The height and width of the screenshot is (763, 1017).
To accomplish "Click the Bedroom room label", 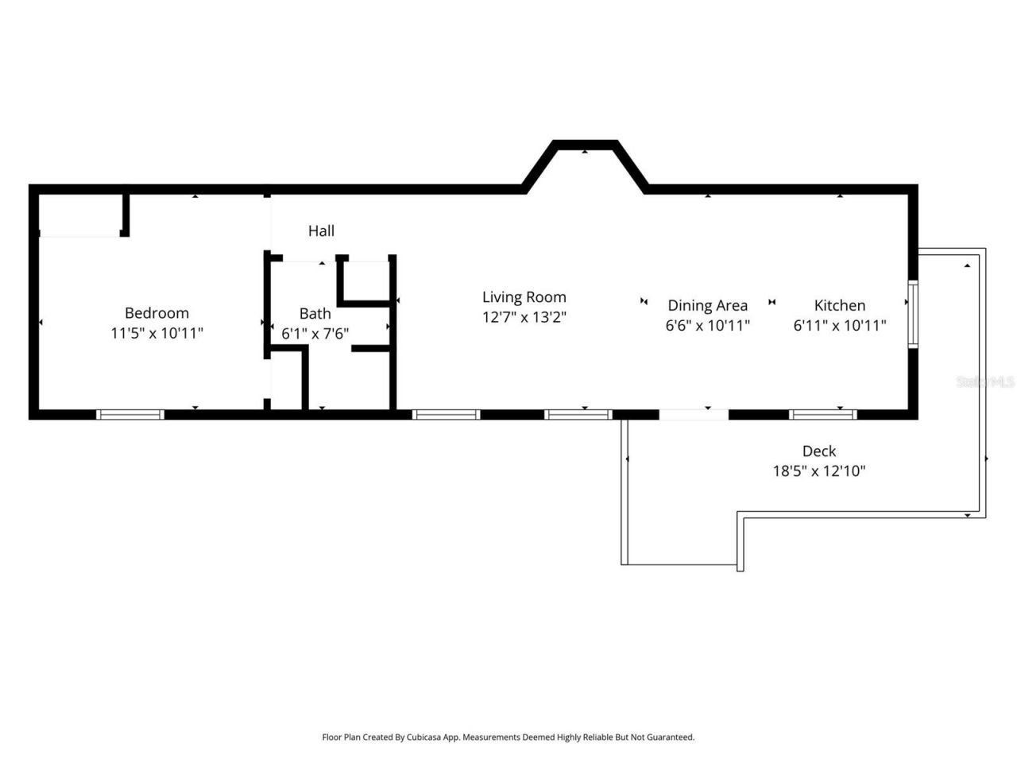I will tap(157, 313).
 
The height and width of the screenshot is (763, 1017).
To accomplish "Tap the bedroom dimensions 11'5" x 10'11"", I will tap(157, 333).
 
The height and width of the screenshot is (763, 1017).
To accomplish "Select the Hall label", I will tap(321, 231).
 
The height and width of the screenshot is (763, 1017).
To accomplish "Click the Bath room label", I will tap(315, 314).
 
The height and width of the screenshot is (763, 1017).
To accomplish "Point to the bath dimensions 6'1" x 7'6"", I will tap(315, 334).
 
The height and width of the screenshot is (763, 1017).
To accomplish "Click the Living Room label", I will tap(524, 297).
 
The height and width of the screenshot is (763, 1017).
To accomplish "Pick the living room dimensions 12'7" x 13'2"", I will tap(524, 317).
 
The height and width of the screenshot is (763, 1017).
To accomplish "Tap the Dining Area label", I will tap(707, 306).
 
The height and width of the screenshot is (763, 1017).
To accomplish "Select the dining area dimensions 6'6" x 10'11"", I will tap(707, 325).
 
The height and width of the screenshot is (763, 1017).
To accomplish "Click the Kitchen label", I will tap(840, 305).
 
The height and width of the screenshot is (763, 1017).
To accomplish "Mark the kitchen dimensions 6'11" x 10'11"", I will tap(840, 325).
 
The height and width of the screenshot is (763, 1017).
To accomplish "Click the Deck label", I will tap(818, 451).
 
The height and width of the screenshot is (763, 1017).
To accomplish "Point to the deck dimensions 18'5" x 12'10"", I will tap(818, 471).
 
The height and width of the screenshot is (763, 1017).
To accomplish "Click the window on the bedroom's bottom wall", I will tap(130, 414).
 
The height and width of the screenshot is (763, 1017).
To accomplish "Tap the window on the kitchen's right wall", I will tap(913, 314).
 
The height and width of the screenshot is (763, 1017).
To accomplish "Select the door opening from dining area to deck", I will tap(694, 414).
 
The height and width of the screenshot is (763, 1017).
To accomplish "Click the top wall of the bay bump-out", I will tap(586, 145).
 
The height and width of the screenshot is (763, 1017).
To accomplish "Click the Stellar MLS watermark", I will tap(985, 382).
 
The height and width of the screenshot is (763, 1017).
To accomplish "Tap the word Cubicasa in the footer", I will tap(424, 738).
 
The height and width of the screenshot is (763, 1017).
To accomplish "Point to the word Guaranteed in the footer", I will tap(667, 738).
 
